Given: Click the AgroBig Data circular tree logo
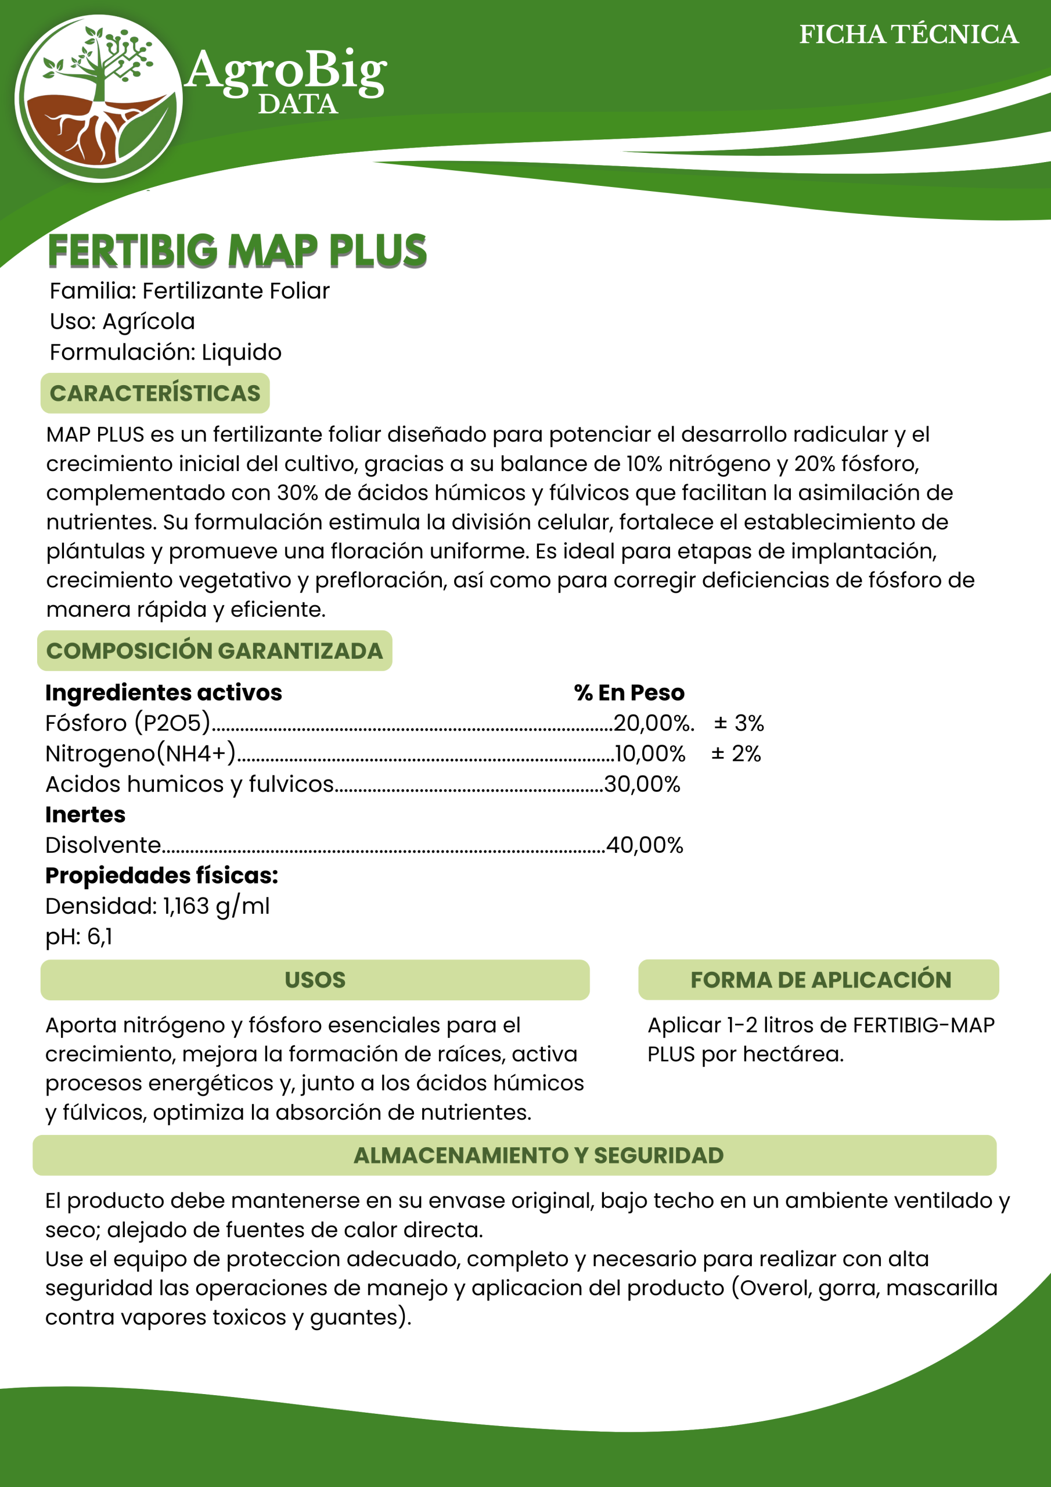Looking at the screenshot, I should (99, 98).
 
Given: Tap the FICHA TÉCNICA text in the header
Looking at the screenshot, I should (909, 35).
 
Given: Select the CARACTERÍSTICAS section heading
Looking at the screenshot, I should (155, 393).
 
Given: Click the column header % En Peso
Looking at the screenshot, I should (629, 693).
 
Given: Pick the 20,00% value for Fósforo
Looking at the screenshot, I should (653, 723).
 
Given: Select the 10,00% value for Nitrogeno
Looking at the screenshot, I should (650, 753).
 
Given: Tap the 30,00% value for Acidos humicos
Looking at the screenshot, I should (642, 784).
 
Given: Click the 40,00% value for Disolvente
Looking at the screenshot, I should (645, 845).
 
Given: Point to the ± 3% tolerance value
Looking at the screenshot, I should (739, 723).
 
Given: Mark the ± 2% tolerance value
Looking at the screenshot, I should (736, 753).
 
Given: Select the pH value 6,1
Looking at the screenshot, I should (100, 936).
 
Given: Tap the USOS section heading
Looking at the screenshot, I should (315, 980).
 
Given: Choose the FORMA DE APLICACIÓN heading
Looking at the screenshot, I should (820, 980).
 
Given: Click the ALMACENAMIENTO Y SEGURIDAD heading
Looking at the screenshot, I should (538, 1155).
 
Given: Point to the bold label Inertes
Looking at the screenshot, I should (85, 815).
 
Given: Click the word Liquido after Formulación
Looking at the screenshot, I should (242, 353).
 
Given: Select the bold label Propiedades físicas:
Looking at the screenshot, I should (161, 875).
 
